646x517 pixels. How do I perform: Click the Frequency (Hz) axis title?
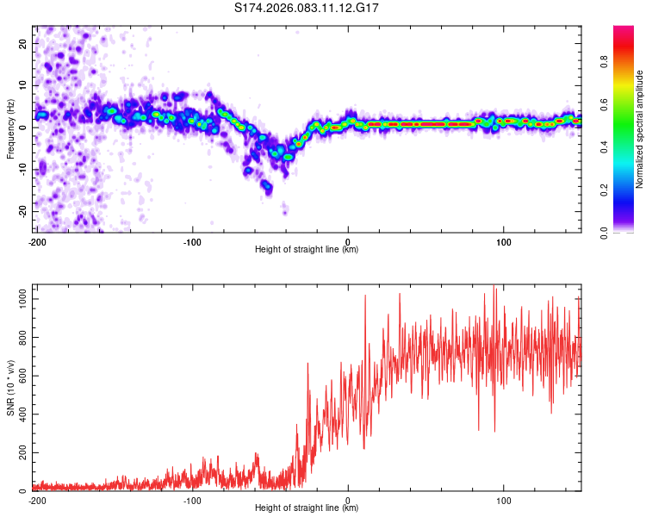click(10, 128)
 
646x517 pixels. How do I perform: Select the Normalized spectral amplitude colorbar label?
click(640, 129)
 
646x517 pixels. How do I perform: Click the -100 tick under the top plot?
click(192, 240)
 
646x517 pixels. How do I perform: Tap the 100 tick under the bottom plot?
click(504, 500)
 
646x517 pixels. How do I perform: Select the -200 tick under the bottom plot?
click(36, 500)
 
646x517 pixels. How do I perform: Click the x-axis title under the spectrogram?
click(307, 249)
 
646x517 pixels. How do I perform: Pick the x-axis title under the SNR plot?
click(307, 508)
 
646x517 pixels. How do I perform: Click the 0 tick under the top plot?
click(348, 240)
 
